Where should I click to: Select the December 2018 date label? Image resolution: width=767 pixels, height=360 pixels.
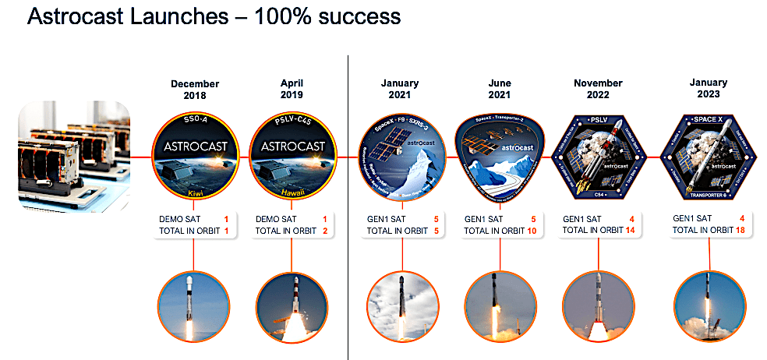pyautogui.click(x=194, y=90)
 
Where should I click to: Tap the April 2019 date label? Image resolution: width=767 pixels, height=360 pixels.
pyautogui.click(x=291, y=90)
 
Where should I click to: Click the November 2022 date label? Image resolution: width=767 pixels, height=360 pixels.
pyautogui.click(x=598, y=90)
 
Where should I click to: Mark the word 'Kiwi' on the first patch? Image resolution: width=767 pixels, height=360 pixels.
pyautogui.click(x=195, y=190)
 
